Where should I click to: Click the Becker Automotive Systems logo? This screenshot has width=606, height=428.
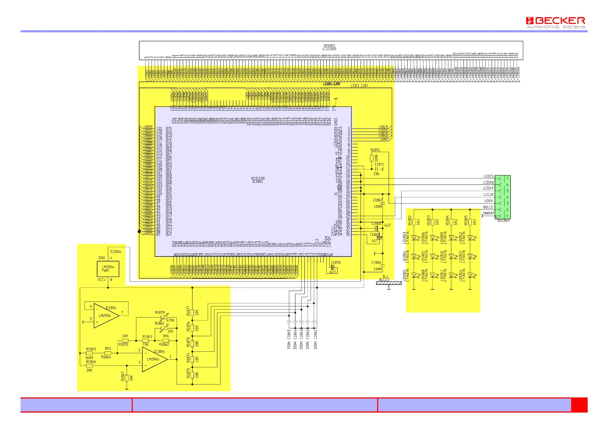pos(555,22)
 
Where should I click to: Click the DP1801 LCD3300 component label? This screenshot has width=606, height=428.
pos(329,47)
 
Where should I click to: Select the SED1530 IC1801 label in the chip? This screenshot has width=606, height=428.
pos(257,180)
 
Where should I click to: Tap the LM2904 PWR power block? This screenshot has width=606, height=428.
pos(108,269)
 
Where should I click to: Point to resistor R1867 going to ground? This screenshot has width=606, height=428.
pos(127,378)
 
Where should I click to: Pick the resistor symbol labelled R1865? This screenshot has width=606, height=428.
pos(89,353)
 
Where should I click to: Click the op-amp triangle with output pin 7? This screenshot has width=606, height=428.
pos(106,315)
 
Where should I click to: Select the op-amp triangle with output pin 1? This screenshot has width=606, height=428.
pos(154,359)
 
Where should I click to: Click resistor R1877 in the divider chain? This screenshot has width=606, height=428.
pos(193,312)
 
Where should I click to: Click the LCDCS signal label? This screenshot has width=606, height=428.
pos(488,176)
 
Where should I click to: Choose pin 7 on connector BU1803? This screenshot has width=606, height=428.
pos(507,178)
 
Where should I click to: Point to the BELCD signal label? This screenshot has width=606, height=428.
pos(488,207)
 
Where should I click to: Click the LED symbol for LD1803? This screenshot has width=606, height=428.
pos(414,237)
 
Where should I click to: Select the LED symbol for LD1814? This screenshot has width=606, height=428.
pos(470,276)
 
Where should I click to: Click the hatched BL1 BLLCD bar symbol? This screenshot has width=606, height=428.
pos(389,283)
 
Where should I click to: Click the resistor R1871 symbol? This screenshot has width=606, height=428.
pos(372,158)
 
